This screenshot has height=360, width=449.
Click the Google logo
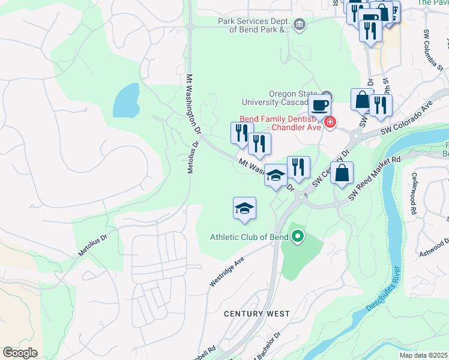pyautogui.click(x=20, y=353)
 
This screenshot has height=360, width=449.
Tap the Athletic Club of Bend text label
pyautogui.click(x=249, y=236)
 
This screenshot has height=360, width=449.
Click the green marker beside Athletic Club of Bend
pyautogui.click(x=298, y=237)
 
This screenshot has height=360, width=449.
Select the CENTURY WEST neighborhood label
pyautogui.click(x=256, y=314)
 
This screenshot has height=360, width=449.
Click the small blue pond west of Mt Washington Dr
pyautogui.click(x=125, y=100)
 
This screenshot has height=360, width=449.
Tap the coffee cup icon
pyautogui.click(x=319, y=105)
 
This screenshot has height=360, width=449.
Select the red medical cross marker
pyautogui.click(x=330, y=122)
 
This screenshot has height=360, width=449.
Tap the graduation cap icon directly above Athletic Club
pyautogui.click(x=244, y=208)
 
